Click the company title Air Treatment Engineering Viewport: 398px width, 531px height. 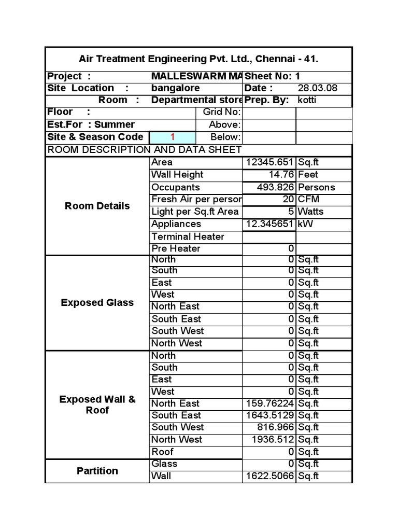(x=198, y=59)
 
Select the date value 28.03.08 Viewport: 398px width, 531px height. (x=317, y=88)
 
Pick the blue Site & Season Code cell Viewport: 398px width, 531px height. (x=172, y=137)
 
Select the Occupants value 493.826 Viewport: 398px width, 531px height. (x=275, y=187)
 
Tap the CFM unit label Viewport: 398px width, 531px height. (x=308, y=200)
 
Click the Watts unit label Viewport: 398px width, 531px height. (x=310, y=212)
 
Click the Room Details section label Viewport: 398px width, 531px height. (x=97, y=206)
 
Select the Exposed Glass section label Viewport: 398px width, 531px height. (x=97, y=303)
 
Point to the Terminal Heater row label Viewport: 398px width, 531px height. (x=188, y=236)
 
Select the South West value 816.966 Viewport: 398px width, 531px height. (x=275, y=427)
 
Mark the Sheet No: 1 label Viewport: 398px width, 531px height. (x=272, y=76)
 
